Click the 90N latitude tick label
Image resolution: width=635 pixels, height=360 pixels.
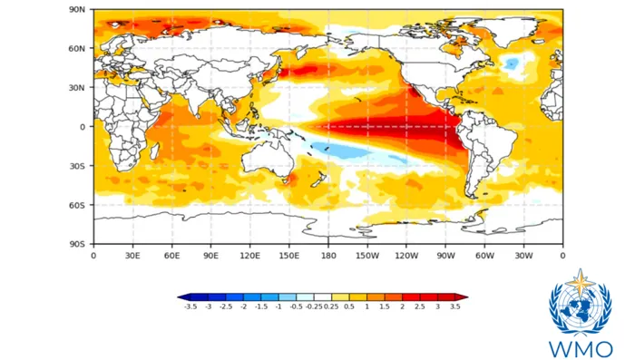click(77, 9)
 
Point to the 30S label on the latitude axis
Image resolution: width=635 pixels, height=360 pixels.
click(77, 166)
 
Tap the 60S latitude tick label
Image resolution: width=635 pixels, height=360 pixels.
click(77, 205)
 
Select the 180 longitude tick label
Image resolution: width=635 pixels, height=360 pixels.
click(328, 256)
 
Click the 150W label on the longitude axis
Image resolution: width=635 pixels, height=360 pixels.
click(367, 256)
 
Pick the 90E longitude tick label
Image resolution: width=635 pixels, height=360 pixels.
click(210, 256)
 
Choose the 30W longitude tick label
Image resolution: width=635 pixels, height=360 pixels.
click(523, 256)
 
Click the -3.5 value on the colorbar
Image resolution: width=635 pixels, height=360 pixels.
click(190, 306)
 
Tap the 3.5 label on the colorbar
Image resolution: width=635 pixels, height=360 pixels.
click(455, 306)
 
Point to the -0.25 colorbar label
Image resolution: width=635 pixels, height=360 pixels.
click(314, 306)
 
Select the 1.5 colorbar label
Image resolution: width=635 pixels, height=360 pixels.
click(385, 306)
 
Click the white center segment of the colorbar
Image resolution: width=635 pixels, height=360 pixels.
click(323, 297)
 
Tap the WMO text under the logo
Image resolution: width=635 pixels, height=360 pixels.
click(581, 349)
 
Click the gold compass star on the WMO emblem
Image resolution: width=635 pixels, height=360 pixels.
click(581, 282)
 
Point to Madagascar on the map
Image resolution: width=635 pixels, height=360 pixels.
click(154, 151)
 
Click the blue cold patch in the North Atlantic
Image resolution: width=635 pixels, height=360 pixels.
click(512, 63)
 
